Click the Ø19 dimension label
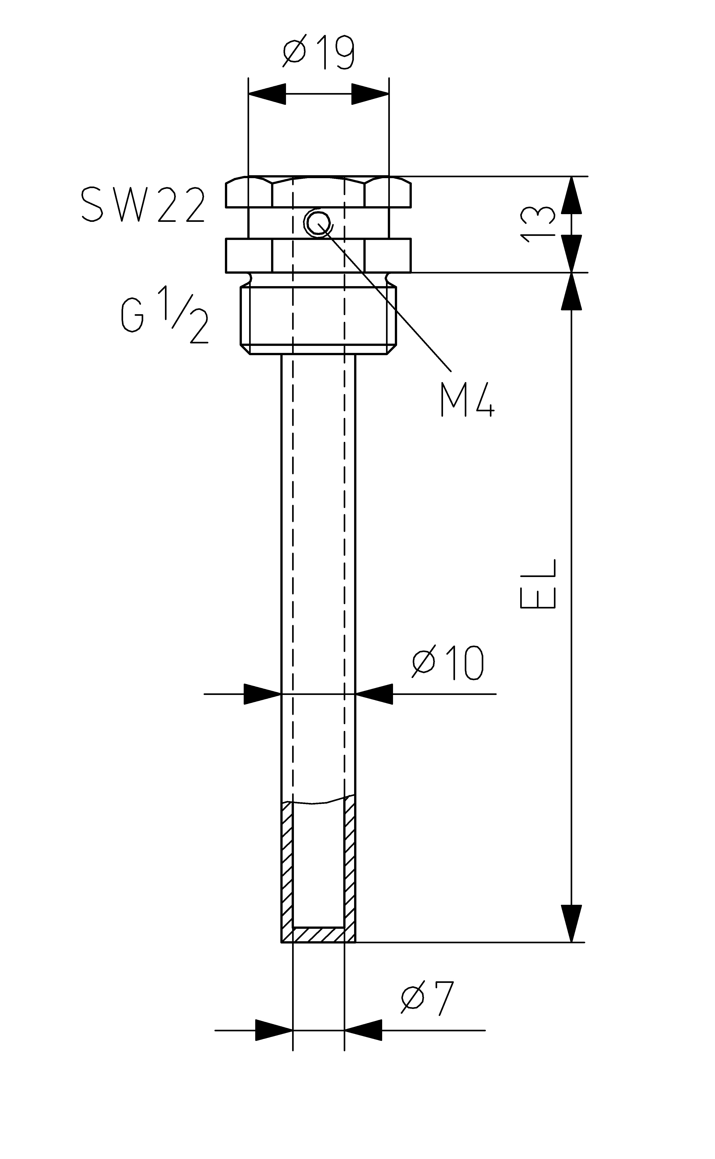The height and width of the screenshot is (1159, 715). click(318, 52)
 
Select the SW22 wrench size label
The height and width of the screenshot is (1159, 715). click(143, 205)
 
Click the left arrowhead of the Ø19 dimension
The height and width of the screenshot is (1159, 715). click(267, 94)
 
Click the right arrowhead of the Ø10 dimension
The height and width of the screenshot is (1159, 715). click(374, 694)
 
